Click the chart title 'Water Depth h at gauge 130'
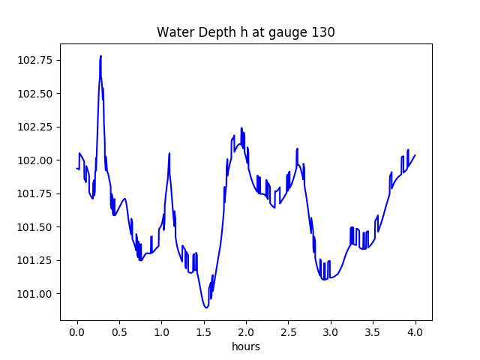(x=245, y=32)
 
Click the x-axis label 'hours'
(x=245, y=346)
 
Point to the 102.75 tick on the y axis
(x=38, y=60)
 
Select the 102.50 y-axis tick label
(x=38, y=94)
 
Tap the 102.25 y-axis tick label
(x=38, y=127)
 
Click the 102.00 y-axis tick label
(x=38, y=160)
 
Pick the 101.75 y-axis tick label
(x=38, y=193)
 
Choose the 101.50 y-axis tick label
(x=38, y=227)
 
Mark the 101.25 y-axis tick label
(x=38, y=260)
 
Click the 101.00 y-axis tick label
(x=38, y=294)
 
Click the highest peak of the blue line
(x=100, y=56)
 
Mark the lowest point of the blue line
(x=205, y=307)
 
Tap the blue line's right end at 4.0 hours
(x=415, y=155)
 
